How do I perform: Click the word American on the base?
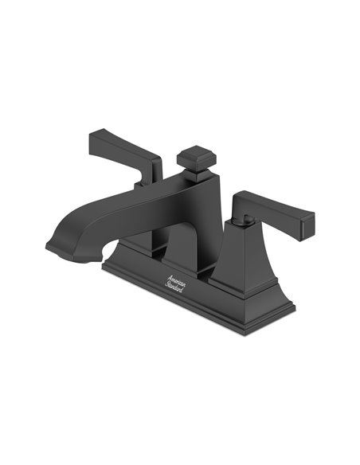point(176,280)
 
